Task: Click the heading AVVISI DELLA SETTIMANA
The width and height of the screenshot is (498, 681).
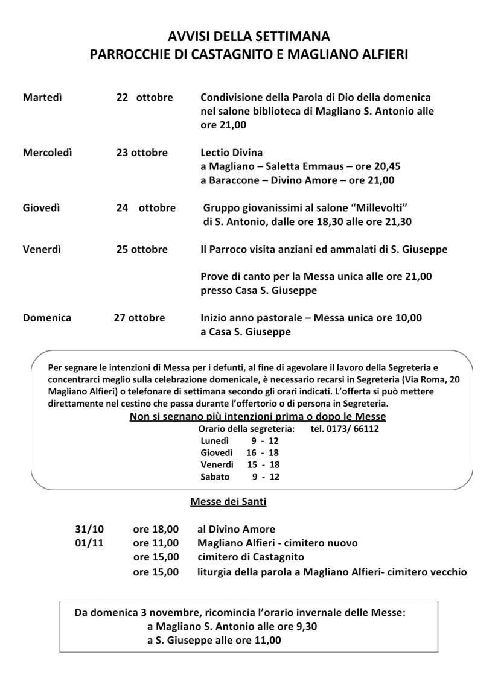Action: pyautogui.click(x=249, y=37)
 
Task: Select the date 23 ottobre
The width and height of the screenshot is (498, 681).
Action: pyautogui.click(x=142, y=153)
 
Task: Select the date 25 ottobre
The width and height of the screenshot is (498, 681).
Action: pyautogui.click(x=142, y=249)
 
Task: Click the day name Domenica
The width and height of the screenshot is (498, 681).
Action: pyautogui.click(x=47, y=318)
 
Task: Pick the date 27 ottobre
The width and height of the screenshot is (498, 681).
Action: pyautogui.click(x=139, y=318)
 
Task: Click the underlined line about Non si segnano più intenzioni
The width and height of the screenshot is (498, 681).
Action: pyautogui.click(x=258, y=416)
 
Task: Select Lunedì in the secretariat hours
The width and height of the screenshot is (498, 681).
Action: pyautogui.click(x=215, y=441)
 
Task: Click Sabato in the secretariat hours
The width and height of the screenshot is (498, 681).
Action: pyautogui.click(x=215, y=477)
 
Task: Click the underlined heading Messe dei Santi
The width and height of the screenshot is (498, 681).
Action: pyautogui.click(x=228, y=501)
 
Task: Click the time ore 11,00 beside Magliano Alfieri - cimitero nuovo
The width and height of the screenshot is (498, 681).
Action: pyautogui.click(x=156, y=543)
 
